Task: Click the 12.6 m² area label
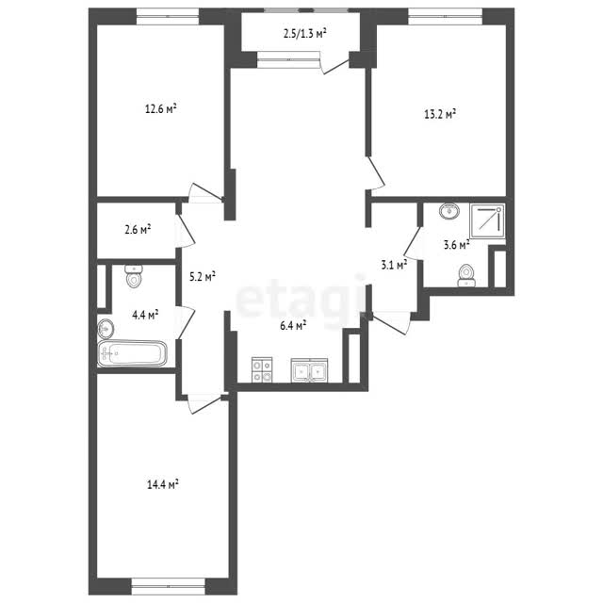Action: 161,109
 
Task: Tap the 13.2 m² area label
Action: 440,114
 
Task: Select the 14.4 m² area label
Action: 163,484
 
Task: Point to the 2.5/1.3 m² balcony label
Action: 305,34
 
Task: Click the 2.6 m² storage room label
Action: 138,230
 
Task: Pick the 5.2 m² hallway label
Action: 203,276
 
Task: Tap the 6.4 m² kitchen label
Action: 293,326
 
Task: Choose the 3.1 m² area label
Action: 394,265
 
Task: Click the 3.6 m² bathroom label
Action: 456,245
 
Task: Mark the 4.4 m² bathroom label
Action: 145,315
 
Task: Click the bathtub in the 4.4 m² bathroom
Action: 133,353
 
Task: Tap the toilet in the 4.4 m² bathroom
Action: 134,276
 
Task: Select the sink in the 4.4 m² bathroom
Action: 106,329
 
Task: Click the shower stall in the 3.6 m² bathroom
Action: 487,221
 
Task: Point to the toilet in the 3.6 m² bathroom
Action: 467,276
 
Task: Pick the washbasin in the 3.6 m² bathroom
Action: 449,211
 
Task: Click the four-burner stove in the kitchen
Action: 262,370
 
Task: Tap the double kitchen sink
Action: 310,370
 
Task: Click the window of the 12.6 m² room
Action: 168,17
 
